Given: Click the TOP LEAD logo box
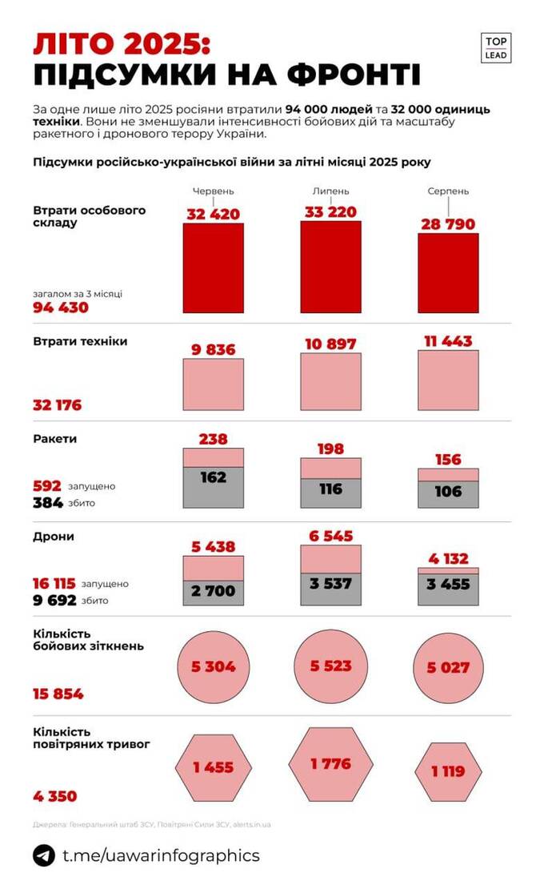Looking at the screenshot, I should (x=498, y=48).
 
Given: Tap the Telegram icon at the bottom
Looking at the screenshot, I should (x=44, y=855).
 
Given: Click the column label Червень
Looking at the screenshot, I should (x=214, y=192).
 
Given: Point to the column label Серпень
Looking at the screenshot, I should (x=448, y=192).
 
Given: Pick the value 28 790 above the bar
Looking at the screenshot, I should (x=449, y=220).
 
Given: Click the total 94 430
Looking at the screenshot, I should (x=61, y=308).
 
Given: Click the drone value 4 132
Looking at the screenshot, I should (x=448, y=558).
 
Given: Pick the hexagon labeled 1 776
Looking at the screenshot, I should (x=330, y=764).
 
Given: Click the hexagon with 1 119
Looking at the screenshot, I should (x=449, y=772).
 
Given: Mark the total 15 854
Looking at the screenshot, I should (x=58, y=694).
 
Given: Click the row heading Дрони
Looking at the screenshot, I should (x=54, y=537).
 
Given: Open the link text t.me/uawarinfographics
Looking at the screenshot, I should (x=161, y=855).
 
